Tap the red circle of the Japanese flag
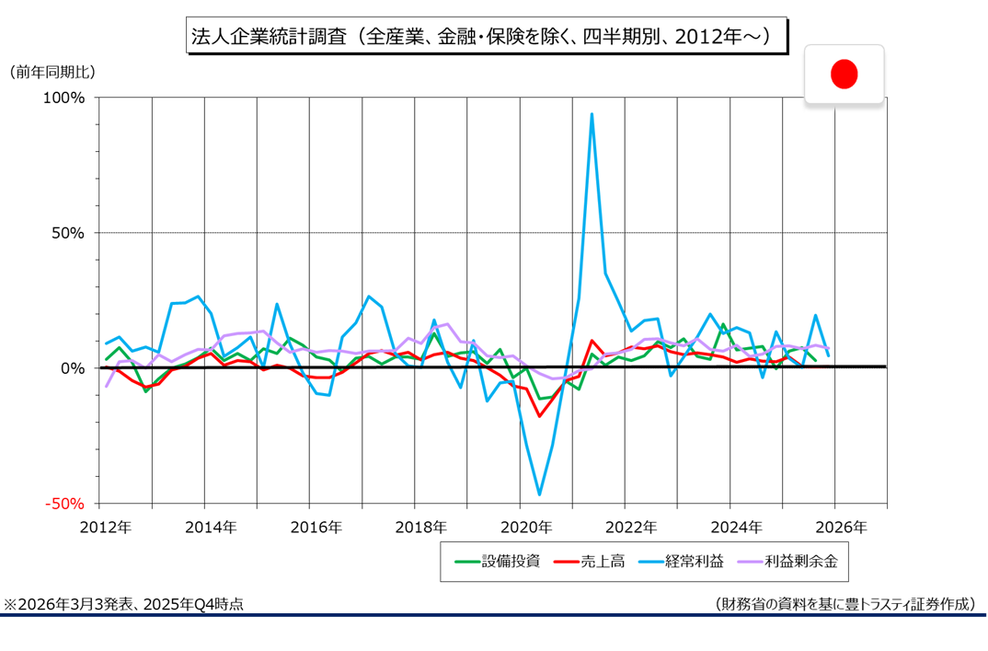[844, 74]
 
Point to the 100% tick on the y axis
[65, 98]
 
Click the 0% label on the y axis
[74, 368]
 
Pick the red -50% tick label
[65, 504]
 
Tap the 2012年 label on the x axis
[106, 528]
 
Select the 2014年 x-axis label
[211, 528]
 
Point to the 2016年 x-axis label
[316, 528]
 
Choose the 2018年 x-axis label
[420, 528]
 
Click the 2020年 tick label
[526, 528]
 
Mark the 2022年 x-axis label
[631, 528]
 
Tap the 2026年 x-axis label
[841, 528]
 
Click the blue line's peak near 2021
[592, 114]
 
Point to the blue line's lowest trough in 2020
[539, 494]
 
